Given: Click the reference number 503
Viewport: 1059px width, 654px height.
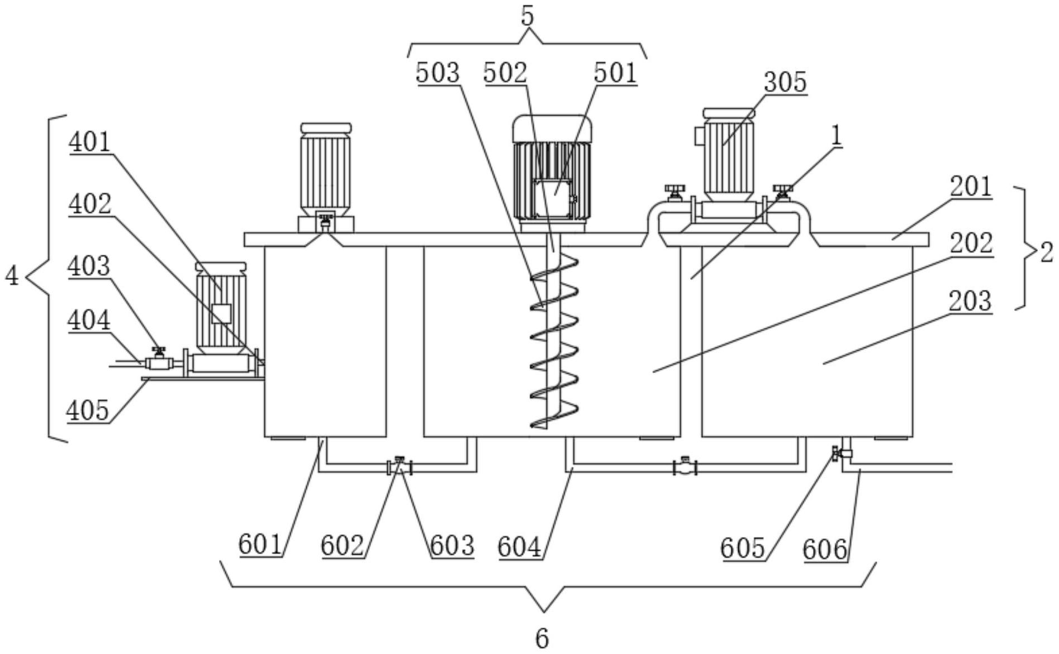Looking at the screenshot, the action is (438, 73).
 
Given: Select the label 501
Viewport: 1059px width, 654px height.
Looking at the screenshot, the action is (615, 73).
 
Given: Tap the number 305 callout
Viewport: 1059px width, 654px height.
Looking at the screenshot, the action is (785, 82).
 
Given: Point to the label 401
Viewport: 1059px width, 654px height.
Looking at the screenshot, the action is (90, 142).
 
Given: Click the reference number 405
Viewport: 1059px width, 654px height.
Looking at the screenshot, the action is (87, 410).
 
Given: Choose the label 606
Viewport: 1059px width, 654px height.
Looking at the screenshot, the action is (825, 550).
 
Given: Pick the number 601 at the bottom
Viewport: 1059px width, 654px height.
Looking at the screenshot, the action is (260, 545).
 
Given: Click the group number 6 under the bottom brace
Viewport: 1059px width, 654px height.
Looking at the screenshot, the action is (542, 638).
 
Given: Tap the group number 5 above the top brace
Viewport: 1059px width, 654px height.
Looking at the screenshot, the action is (528, 16).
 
